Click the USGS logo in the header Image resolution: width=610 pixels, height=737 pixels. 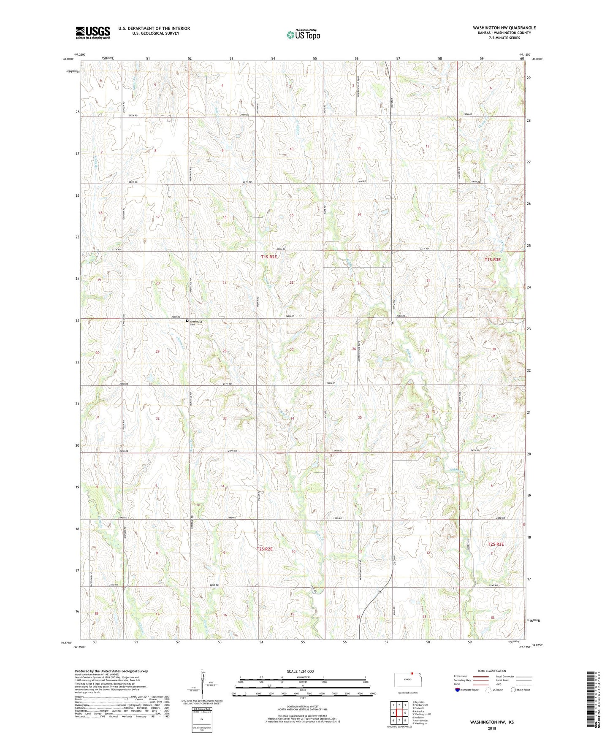click(93, 33)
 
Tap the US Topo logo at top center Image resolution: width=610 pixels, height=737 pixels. click(303, 35)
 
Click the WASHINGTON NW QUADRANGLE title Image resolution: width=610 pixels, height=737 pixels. click(504, 28)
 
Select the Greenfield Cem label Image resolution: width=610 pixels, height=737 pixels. click(195, 323)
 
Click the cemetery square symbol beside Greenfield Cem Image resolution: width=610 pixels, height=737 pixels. click(187, 321)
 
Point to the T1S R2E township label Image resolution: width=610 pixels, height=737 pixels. click(269, 257)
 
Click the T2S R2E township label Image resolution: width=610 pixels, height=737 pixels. click(265, 549)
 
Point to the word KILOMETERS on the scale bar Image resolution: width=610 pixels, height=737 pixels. click(303, 677)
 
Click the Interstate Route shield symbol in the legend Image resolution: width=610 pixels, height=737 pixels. click(458, 690)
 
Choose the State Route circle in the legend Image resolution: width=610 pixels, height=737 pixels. click(513, 690)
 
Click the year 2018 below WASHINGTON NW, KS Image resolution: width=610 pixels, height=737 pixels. click(492, 728)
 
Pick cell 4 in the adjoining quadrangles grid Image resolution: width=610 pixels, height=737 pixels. click(393, 713)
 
